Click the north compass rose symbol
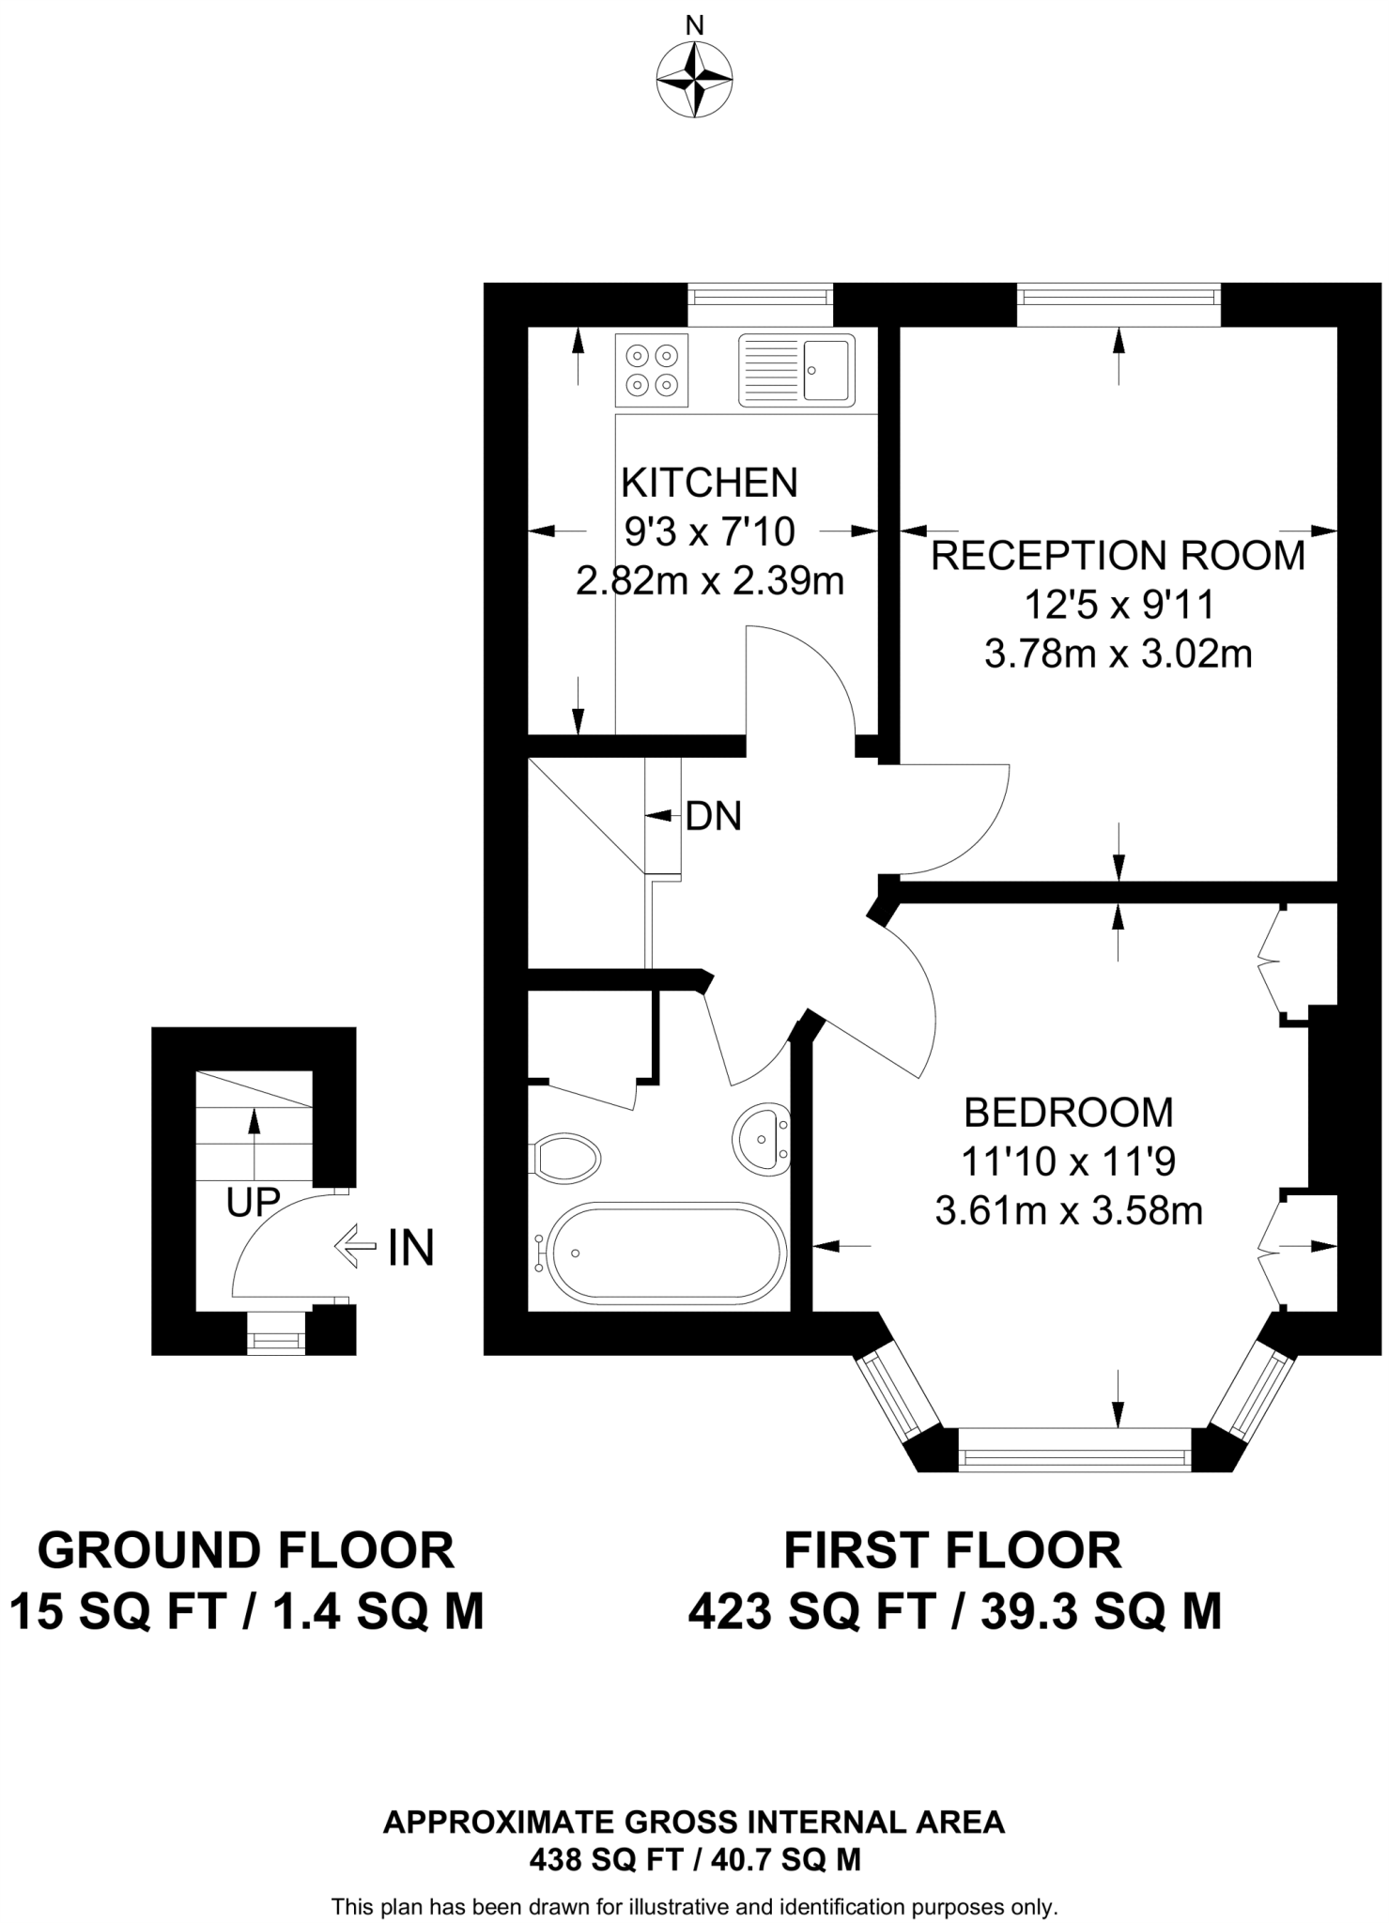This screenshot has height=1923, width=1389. pyautogui.click(x=695, y=81)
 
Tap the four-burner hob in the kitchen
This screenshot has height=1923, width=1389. pyautogui.click(x=652, y=370)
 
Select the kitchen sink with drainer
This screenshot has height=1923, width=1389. pyautogui.click(x=796, y=370)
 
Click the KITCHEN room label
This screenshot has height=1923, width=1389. pyautogui.click(x=709, y=484)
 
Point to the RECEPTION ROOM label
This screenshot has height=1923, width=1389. pyautogui.click(x=1118, y=556)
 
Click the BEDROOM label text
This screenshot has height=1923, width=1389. pyautogui.click(x=1069, y=1113)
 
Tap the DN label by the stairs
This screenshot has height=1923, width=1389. pyautogui.click(x=713, y=817)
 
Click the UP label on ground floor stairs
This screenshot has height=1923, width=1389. pyautogui.click(x=254, y=1202)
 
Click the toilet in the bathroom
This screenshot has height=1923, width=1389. pyautogui.click(x=566, y=1158)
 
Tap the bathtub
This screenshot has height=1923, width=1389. pyautogui.click(x=668, y=1254)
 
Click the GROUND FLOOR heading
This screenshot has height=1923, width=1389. pyautogui.click(x=246, y=1550)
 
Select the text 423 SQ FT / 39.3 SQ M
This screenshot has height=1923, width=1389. pyautogui.click(x=954, y=1613)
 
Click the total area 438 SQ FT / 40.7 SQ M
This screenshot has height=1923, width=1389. pyautogui.click(x=695, y=1859)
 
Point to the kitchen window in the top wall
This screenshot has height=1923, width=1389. pyautogui.click(x=760, y=295)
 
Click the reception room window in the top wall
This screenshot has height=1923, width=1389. pyautogui.click(x=1118, y=295)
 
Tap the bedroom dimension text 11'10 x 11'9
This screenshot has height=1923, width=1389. pyautogui.click(x=1069, y=1162)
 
